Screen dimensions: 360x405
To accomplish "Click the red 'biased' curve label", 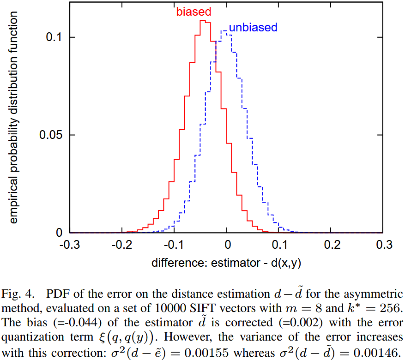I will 193,12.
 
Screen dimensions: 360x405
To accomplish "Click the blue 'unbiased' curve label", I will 253,28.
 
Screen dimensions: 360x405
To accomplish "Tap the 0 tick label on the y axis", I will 59,233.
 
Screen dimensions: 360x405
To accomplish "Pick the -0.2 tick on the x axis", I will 121,245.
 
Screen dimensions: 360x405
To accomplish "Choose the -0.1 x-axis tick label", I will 174,245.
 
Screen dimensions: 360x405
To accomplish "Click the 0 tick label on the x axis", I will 227,245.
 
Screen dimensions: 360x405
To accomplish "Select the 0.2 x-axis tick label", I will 331,245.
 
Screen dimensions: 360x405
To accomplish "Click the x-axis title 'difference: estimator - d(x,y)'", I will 227,263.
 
